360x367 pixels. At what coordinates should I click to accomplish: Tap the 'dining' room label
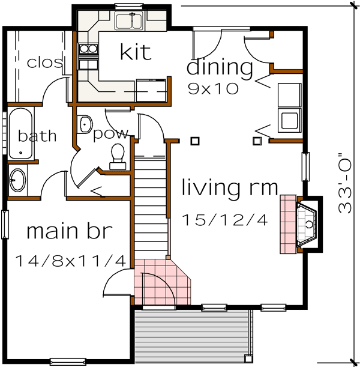point(220,68)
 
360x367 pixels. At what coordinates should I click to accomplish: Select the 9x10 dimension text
point(213,89)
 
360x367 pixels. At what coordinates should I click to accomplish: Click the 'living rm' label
point(230,188)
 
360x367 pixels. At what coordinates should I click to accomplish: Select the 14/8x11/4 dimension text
point(70,261)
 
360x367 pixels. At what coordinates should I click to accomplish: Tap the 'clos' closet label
point(45,62)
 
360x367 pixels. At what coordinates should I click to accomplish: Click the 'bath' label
point(37,136)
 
